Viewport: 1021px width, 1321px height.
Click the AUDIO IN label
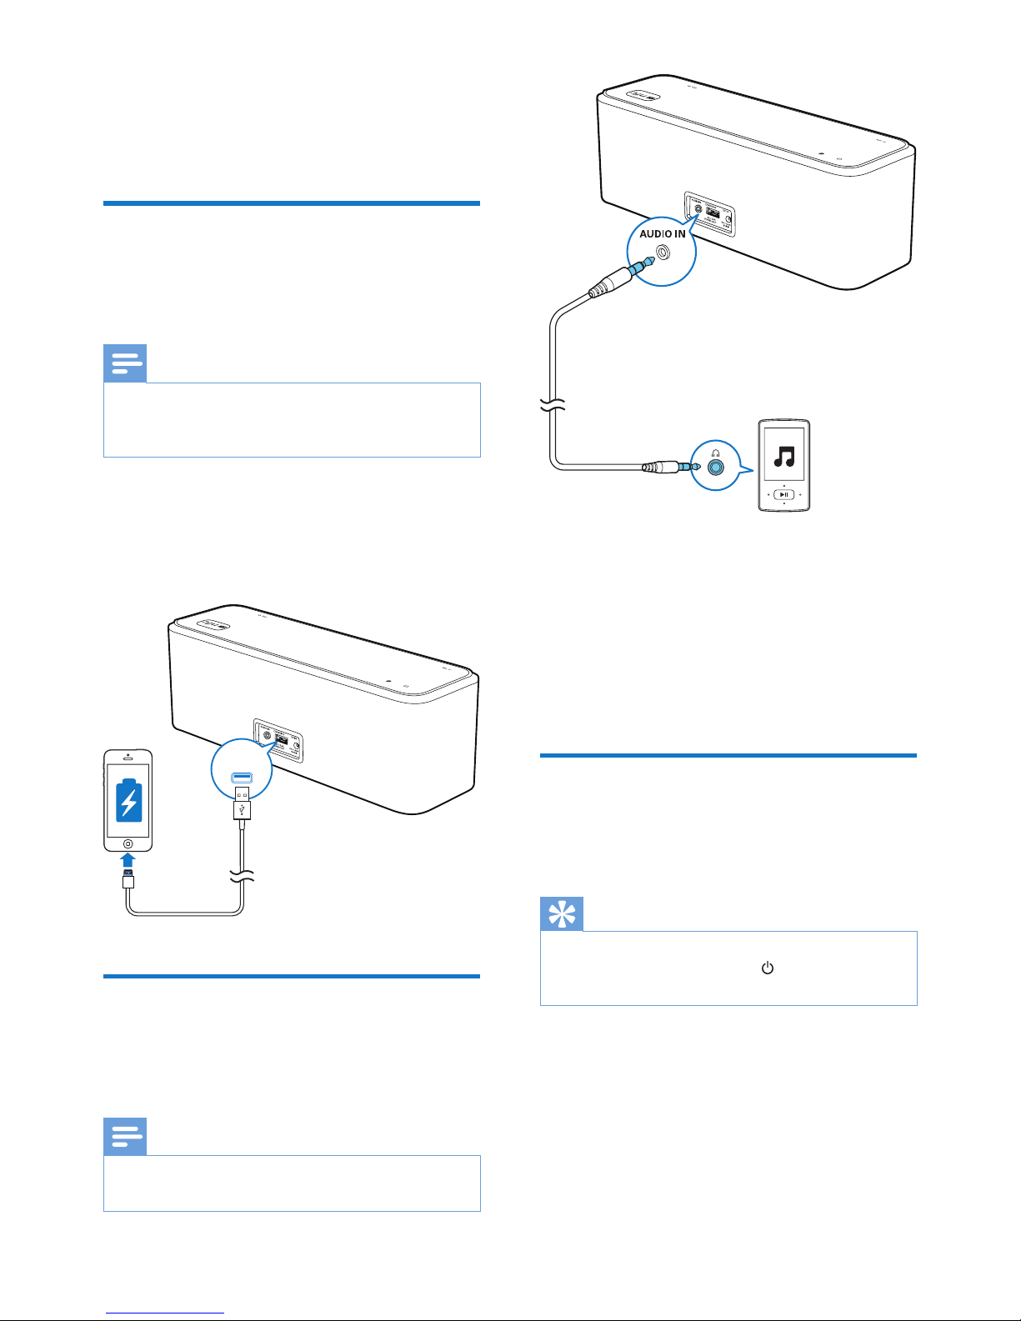tap(662, 234)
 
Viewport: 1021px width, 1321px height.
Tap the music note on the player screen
tap(783, 457)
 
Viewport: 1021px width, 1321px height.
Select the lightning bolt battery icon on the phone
tap(128, 800)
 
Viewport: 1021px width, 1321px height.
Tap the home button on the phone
tap(128, 843)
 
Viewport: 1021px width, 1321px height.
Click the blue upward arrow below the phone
tap(128, 860)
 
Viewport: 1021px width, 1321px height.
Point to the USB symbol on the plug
tap(242, 808)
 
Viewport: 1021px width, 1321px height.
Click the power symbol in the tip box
tap(768, 968)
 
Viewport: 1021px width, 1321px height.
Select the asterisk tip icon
tap(562, 914)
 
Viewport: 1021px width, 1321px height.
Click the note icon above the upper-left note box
tap(125, 363)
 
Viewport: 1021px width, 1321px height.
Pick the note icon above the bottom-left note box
tap(125, 1137)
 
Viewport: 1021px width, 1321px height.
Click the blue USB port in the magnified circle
tap(242, 777)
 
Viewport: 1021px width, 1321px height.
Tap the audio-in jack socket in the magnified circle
tap(663, 252)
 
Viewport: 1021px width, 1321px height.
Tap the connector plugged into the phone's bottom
tap(128, 879)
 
